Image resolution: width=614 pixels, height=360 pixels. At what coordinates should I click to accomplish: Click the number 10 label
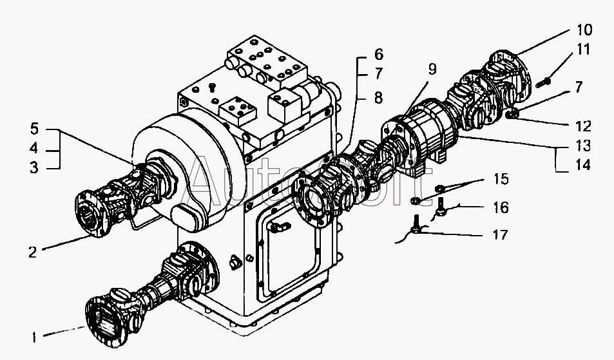tap(584, 30)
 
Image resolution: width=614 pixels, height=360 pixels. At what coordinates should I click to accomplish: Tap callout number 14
tap(584, 165)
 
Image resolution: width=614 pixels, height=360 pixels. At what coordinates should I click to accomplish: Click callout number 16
tap(501, 207)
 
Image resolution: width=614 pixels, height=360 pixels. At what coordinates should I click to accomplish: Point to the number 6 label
tap(378, 54)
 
